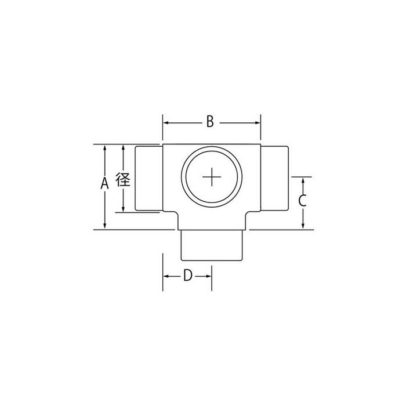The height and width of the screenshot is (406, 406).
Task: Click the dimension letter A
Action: tap(104, 183)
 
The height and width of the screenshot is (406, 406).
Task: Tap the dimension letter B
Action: tap(210, 121)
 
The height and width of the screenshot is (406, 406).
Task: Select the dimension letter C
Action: tap(302, 201)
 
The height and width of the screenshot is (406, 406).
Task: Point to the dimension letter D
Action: tap(188, 275)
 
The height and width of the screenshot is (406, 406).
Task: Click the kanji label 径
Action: tap(123, 179)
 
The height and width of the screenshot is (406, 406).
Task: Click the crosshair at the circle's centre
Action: tap(212, 177)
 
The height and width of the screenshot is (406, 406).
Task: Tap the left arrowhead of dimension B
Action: tap(166, 123)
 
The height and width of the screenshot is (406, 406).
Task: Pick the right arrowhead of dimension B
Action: tap(258, 123)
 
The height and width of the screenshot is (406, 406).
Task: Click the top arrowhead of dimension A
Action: tap(104, 147)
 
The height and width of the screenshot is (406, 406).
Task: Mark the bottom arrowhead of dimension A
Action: tap(104, 226)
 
